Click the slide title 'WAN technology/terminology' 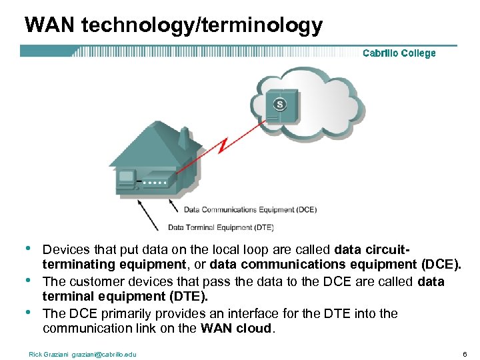tap(173, 25)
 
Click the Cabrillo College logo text tap(399, 53)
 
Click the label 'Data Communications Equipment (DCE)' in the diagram tap(250, 209)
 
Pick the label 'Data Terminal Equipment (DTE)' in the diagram tap(221, 227)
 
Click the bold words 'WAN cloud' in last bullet tap(235, 328)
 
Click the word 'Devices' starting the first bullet tap(65, 250)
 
